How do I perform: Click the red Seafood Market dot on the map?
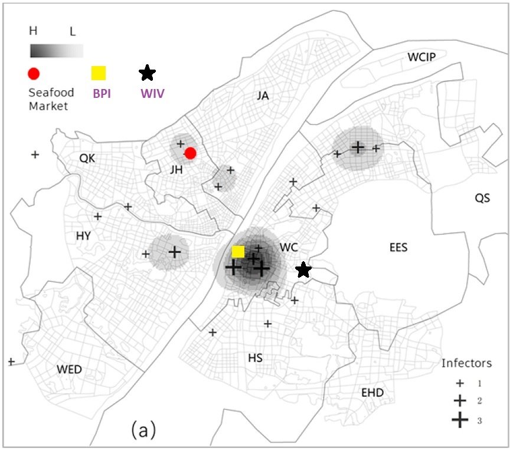tap(190, 153)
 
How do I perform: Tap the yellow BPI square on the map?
tap(238, 251)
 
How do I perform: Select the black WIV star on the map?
tap(303, 270)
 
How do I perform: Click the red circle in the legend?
tap(34, 73)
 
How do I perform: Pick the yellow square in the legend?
tap(98, 73)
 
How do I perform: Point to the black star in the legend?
tap(147, 73)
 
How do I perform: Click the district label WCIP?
tap(421, 57)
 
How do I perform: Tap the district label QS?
tap(482, 198)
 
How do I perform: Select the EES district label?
tap(398, 247)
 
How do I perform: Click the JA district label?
tap(263, 96)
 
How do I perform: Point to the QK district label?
tap(87, 158)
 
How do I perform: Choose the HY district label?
tap(83, 236)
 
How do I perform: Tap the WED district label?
tap(69, 370)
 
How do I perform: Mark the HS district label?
tap(255, 358)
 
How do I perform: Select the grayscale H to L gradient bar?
tap(56, 50)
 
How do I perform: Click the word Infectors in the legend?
tap(466, 363)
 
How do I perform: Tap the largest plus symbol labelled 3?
tap(459, 420)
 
